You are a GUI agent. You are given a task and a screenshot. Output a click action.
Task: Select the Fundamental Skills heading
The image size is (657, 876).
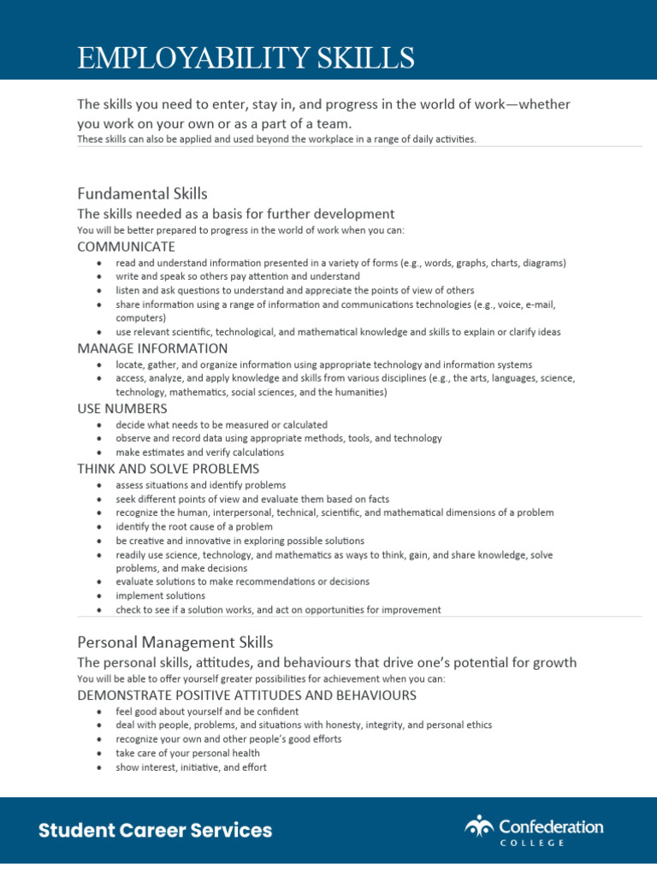142,193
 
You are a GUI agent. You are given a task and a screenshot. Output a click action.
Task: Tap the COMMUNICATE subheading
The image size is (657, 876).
126,246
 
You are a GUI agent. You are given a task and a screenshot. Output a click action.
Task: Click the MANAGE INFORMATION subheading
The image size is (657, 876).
152,348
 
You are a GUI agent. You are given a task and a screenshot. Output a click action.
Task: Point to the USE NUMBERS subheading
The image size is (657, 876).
121,408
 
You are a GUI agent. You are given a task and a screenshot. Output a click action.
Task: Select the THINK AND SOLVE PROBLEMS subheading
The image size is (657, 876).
168,469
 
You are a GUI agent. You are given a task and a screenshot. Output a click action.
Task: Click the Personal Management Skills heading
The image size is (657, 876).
175,642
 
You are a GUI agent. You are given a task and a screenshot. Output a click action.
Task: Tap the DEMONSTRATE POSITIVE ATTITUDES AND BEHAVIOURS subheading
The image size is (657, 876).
246,695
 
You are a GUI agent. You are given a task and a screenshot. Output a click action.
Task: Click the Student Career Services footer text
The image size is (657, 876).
155,830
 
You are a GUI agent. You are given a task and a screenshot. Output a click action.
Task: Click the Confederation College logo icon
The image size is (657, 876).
480,826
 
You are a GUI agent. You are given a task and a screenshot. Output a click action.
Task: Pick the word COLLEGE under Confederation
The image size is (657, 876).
532,843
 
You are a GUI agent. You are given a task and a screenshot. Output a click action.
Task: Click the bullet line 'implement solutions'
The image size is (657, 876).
160,595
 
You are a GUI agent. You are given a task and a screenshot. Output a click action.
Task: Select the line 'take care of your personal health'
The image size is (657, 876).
187,754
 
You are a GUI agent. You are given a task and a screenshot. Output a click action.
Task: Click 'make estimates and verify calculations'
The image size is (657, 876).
199,452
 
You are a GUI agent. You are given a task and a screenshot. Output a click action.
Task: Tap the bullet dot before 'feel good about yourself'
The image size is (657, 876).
100,712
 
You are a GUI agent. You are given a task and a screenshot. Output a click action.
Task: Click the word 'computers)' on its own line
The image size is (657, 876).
140,317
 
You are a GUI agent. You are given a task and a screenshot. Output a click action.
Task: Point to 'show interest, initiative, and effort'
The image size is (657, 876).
191,767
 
